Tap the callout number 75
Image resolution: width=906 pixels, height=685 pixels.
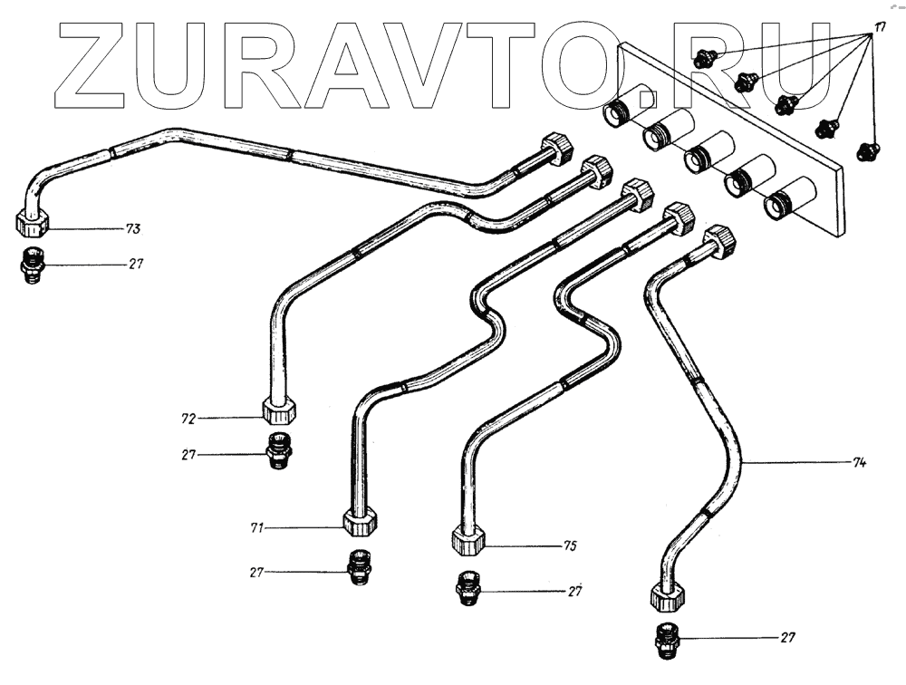(570, 546)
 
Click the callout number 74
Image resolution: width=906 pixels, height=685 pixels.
(859, 463)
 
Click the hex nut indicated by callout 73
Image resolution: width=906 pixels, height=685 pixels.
(34, 221)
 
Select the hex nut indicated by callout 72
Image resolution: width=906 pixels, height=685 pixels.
(280, 410)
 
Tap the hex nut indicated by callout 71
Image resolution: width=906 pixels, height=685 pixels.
(360, 522)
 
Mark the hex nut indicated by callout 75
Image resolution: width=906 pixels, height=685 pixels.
(467, 540)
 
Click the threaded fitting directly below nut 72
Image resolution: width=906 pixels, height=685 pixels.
(280, 450)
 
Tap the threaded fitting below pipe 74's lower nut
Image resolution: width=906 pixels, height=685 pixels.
(667, 641)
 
